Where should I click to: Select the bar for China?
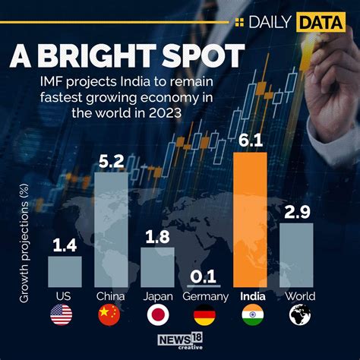pos(110,228)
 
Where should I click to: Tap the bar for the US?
pos(65,270)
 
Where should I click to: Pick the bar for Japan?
pos(156,265)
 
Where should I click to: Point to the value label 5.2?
pos(110,159)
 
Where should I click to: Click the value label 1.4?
pos(65,244)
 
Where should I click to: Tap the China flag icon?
pos(110,315)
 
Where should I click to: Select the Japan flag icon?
pos(156,315)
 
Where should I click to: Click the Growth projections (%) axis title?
pos(24,239)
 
